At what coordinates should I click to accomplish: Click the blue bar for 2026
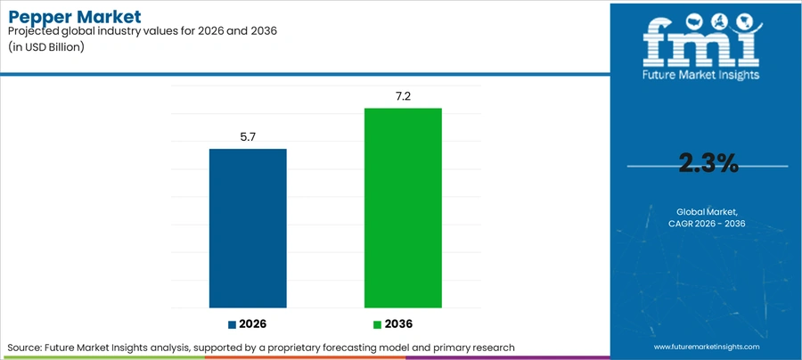(x=248, y=228)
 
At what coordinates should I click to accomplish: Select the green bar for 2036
(x=403, y=209)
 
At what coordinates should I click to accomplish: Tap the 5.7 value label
(x=248, y=137)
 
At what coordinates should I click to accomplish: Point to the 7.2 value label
(x=403, y=97)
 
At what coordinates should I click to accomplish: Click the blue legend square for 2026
(x=233, y=324)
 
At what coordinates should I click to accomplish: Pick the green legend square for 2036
(x=378, y=324)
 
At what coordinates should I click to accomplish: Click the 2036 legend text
(x=398, y=324)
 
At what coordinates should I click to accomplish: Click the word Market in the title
(x=109, y=16)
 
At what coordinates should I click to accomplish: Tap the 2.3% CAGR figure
(x=708, y=164)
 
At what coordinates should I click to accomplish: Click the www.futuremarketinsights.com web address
(x=707, y=347)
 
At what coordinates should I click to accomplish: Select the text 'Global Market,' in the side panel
(x=708, y=211)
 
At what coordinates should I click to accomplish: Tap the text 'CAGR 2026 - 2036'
(x=707, y=224)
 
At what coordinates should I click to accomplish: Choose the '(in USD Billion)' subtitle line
(x=46, y=47)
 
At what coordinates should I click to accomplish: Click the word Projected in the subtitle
(x=31, y=31)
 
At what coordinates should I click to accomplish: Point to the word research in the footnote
(x=493, y=348)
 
